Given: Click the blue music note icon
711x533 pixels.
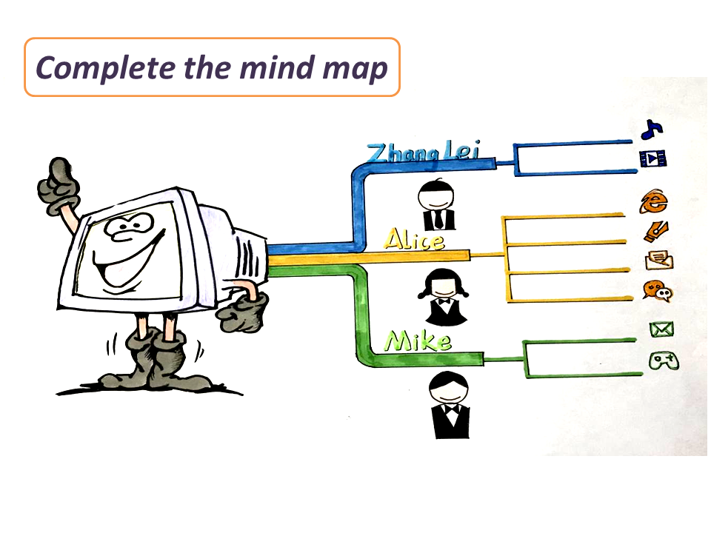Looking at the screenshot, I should [651, 130].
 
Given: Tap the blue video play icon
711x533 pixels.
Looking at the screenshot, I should [652, 158].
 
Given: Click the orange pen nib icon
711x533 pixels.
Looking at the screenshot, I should [655, 232].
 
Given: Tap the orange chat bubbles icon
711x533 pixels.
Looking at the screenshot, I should [658, 291].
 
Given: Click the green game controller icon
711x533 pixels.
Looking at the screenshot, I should [662, 361].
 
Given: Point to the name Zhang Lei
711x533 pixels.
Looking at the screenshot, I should [421, 153].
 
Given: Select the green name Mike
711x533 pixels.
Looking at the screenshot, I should [418, 341].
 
